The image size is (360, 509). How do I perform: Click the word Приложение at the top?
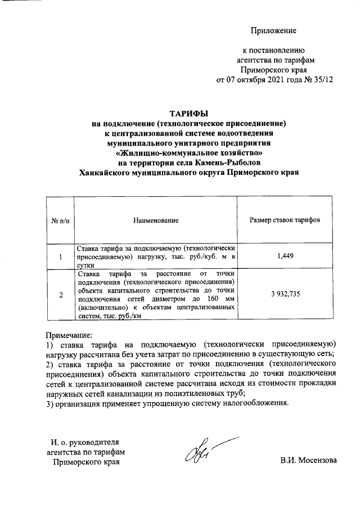[273, 30]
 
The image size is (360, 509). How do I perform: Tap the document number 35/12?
[323, 79]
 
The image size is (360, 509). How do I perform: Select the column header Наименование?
[156, 220]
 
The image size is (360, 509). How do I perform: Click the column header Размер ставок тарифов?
[285, 220]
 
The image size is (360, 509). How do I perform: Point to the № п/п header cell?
[60, 220]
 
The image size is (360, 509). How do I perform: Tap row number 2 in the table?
[60, 295]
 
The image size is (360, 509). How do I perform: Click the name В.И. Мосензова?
[309, 461]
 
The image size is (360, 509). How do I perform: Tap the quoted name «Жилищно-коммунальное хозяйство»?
[189, 153]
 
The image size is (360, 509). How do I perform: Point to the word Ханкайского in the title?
[107, 173]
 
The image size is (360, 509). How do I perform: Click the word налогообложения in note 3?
[255, 403]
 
